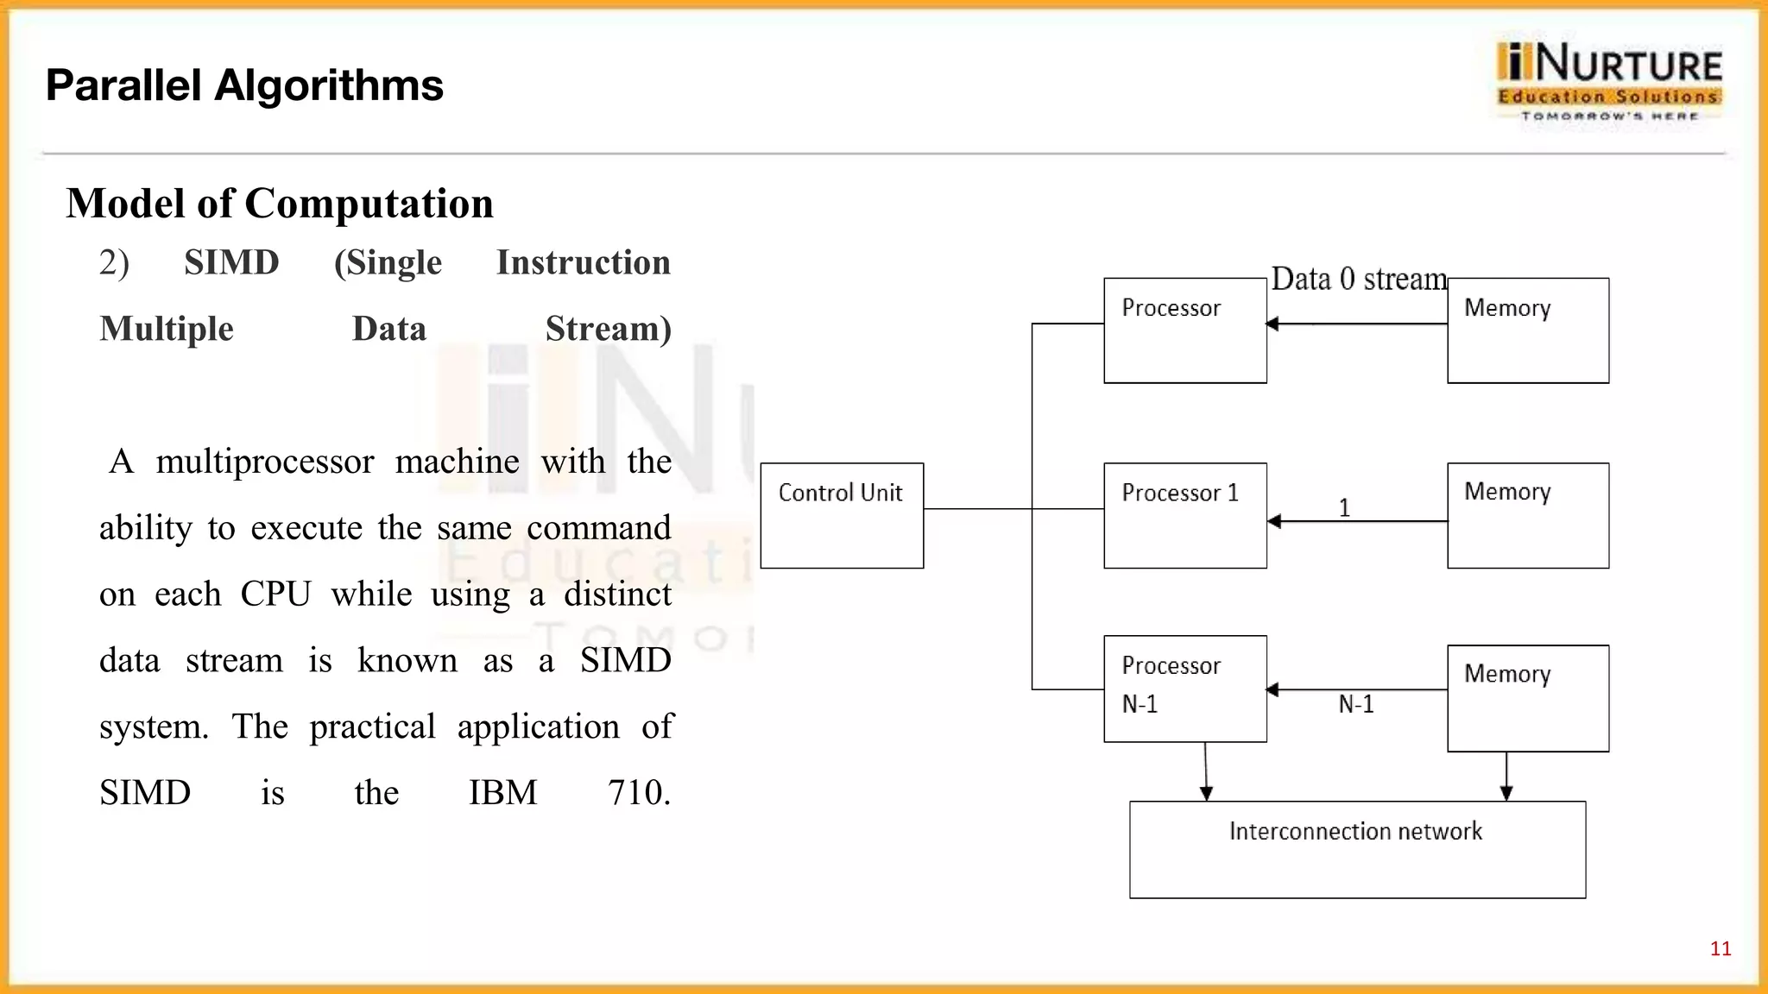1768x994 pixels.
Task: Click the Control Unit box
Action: tap(842, 515)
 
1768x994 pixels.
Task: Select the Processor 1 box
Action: tap(1184, 515)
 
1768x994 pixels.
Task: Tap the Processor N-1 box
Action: tap(1184, 689)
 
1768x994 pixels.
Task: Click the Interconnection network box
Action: tap(1356, 850)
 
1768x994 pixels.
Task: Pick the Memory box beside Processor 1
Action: tap(1527, 515)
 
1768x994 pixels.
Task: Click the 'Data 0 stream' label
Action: tap(1359, 280)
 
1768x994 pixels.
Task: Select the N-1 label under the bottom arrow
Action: tap(1355, 705)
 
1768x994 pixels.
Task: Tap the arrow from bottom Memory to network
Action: tap(1506, 776)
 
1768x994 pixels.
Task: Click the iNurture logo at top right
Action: tap(1609, 81)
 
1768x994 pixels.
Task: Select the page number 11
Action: tap(1720, 949)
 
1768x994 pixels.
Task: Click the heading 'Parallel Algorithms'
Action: tap(244, 85)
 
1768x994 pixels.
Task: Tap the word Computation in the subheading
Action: tap(369, 204)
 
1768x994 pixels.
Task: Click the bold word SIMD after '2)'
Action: tap(231, 262)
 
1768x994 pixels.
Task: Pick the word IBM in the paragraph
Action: tap(502, 792)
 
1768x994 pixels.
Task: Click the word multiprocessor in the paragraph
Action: tap(264, 462)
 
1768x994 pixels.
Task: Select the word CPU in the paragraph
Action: tap(275, 594)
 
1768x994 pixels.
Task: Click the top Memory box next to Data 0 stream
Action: tap(1527, 330)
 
